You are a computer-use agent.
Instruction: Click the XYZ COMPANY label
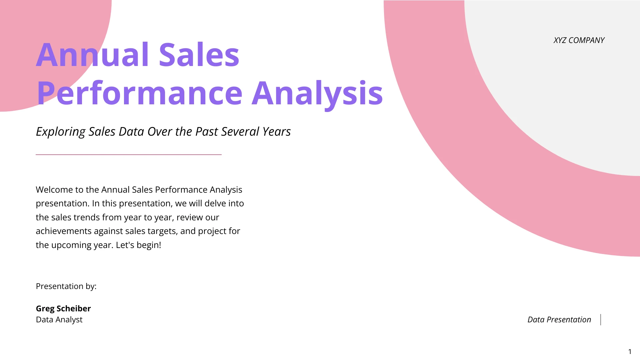point(579,40)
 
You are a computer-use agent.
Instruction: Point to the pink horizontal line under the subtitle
point(129,155)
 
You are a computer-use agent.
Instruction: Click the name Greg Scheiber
point(63,309)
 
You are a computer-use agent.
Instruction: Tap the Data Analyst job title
point(59,320)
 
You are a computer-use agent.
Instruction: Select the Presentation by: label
point(66,286)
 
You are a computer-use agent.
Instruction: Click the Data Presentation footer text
point(559,320)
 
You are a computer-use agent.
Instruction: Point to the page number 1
point(630,352)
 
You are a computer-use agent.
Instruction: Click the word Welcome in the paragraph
point(54,190)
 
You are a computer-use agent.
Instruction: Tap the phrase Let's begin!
point(138,245)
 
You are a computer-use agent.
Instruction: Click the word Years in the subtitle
point(276,132)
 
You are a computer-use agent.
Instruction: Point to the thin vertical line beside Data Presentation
point(601,320)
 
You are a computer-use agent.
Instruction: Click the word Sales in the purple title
point(199,55)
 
